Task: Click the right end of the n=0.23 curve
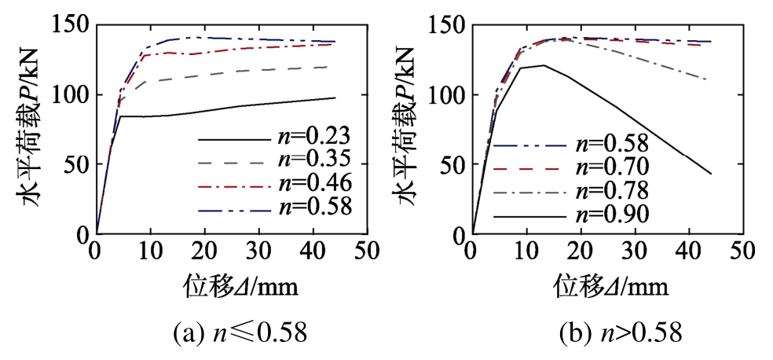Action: point(335,97)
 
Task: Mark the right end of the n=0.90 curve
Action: point(711,174)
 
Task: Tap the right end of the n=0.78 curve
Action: point(706,79)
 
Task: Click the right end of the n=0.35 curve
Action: point(335,67)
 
